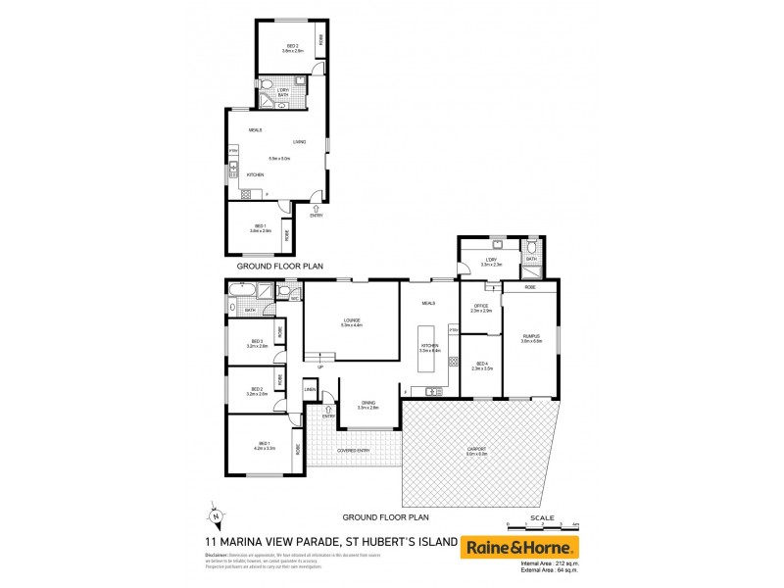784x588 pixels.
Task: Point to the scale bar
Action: pyautogui.click(x=543, y=525)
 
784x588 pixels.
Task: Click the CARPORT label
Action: pyautogui.click(x=477, y=451)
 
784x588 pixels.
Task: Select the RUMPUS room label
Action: pyautogui.click(x=531, y=338)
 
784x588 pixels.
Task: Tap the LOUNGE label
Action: pyautogui.click(x=352, y=320)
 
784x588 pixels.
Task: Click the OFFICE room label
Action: pyautogui.click(x=480, y=308)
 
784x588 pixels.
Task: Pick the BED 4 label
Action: pyautogui.click(x=480, y=366)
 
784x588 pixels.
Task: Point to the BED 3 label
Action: pyautogui.click(x=256, y=342)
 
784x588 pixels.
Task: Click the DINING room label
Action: pyautogui.click(x=367, y=404)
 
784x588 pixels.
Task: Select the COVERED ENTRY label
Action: pyautogui.click(x=353, y=450)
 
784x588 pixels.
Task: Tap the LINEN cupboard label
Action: pyautogui.click(x=310, y=391)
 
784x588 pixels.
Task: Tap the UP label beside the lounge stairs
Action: pyautogui.click(x=319, y=367)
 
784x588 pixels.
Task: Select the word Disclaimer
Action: pyautogui.click(x=218, y=555)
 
